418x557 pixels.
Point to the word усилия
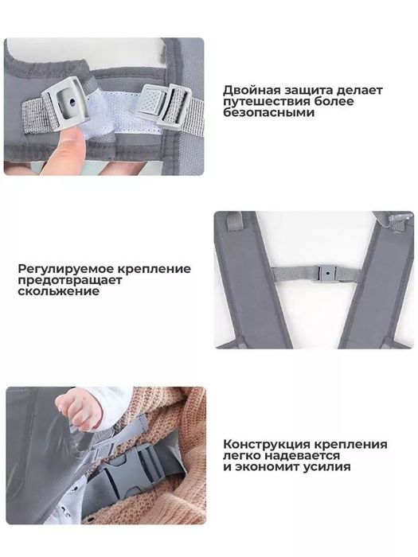pyautogui.click(x=326, y=468)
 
